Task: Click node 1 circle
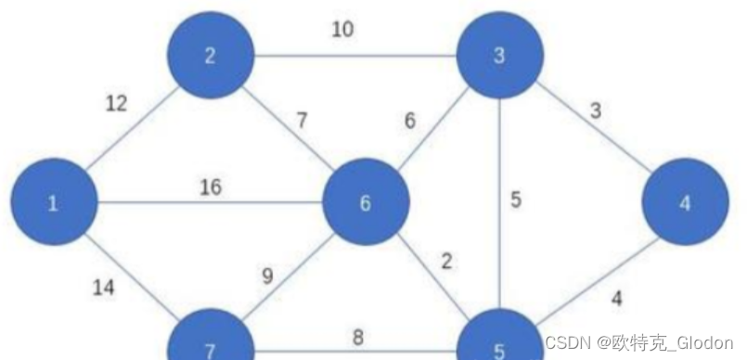(54, 203)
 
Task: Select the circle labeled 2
(210, 56)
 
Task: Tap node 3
(499, 56)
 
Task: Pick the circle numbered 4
(685, 203)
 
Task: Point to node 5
(499, 345)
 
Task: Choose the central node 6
(365, 203)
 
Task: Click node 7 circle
(210, 345)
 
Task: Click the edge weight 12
(116, 103)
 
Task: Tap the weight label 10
(342, 29)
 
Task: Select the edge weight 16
(211, 187)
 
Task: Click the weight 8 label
(357, 338)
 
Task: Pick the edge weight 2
(447, 261)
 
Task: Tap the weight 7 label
(302, 119)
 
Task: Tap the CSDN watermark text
(639, 342)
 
